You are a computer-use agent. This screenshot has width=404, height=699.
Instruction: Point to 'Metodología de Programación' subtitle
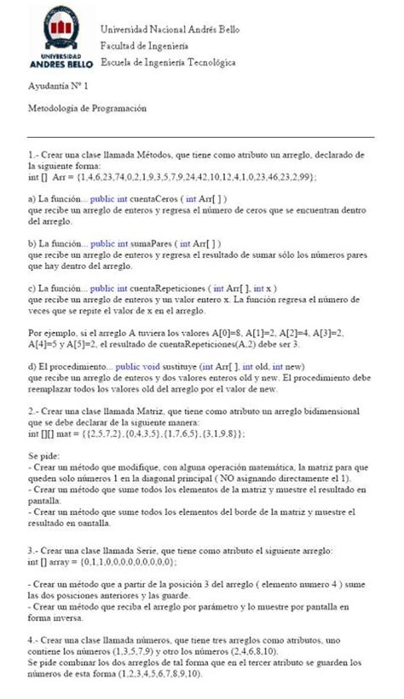click(x=87, y=108)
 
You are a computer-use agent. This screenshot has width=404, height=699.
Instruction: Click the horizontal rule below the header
click(x=201, y=136)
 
